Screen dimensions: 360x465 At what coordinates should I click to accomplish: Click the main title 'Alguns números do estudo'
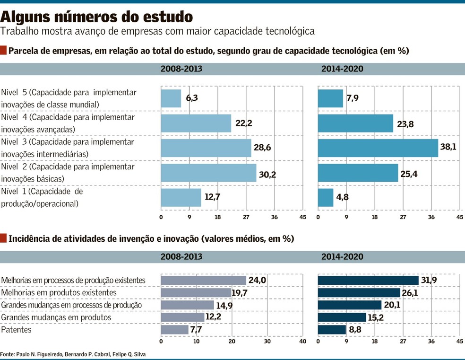point(96,17)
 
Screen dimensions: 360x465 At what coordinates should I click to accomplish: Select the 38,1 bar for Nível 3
point(378,148)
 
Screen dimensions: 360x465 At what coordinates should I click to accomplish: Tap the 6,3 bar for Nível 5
point(171,98)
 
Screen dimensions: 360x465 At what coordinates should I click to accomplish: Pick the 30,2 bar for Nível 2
point(208,173)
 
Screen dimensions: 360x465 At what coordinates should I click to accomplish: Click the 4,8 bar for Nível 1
point(325,197)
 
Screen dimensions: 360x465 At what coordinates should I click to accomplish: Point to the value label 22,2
point(243,123)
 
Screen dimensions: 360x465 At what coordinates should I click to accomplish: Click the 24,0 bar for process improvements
point(203,281)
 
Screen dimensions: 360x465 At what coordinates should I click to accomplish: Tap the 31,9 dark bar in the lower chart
point(368,281)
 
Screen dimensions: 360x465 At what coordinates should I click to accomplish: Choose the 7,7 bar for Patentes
point(174,330)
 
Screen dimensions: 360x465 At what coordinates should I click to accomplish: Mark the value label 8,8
point(355,330)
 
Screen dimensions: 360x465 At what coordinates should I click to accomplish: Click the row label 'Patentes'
point(17,330)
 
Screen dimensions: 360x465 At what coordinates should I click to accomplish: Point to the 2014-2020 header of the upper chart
point(342,69)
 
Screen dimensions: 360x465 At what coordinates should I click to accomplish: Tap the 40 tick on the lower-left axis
point(303,341)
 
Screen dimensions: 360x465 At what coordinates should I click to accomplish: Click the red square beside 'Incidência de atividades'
point(4,238)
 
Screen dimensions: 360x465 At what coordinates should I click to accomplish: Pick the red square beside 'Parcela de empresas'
point(4,50)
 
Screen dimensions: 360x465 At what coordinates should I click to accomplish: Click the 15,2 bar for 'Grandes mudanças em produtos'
point(342,317)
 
